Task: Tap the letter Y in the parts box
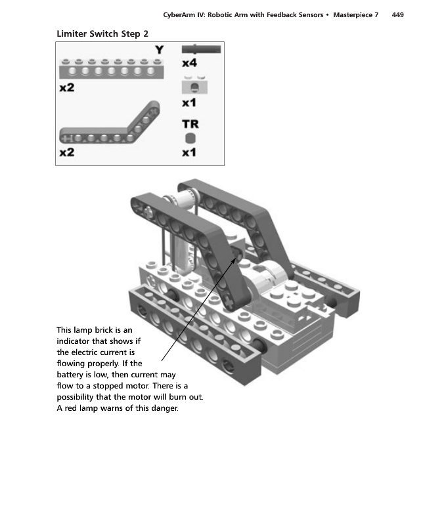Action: point(159,50)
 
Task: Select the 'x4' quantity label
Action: point(189,63)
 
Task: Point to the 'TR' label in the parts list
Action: point(190,123)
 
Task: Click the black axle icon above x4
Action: point(201,49)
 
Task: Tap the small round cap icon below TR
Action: point(190,138)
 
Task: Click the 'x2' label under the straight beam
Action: point(67,89)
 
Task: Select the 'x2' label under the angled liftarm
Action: point(67,152)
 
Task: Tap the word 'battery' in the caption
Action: point(72,373)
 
